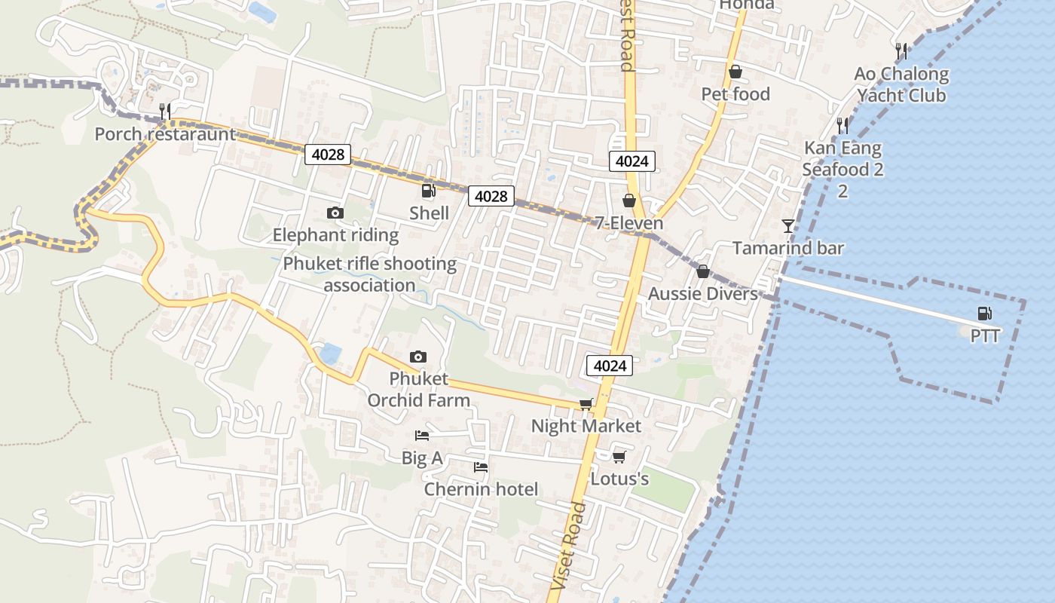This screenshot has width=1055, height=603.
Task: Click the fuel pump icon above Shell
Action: pos(428,191)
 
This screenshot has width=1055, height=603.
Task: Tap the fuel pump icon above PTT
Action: pos(984,314)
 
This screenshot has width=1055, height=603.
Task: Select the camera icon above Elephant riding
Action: pos(335,213)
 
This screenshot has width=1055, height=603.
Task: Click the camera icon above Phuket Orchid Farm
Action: pos(417,357)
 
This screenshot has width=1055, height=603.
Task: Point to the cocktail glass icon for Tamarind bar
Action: pos(788,225)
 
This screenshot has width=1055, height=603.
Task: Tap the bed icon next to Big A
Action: pos(422,436)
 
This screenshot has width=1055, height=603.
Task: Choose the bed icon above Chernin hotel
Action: pos(481,467)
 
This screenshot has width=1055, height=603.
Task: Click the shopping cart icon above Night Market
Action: pos(586,404)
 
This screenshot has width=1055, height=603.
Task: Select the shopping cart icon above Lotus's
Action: pos(619,457)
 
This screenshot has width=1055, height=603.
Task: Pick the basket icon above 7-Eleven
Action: pos(629,200)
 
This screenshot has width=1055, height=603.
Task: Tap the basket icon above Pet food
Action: pos(735,72)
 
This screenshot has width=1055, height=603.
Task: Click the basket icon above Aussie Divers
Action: pos(703,271)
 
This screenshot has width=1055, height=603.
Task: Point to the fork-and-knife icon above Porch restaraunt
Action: pos(165,112)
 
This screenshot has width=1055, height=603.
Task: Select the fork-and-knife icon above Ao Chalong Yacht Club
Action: pos(901,51)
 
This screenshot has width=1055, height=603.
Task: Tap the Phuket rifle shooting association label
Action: pos(369,274)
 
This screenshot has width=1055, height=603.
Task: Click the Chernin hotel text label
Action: pos(481,489)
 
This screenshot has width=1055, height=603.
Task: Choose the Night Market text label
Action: pos(586,426)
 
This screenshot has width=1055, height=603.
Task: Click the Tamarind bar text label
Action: pos(788,248)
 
